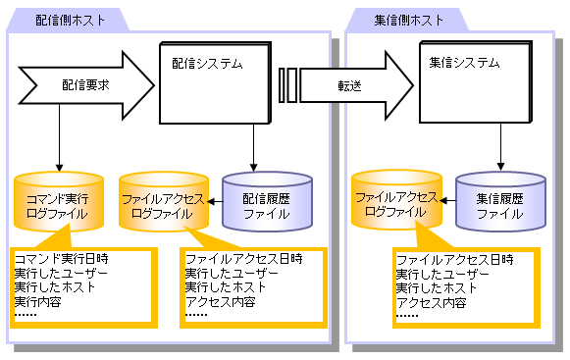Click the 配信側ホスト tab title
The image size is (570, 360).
(70, 20)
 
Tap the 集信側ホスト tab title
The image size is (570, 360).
(408, 20)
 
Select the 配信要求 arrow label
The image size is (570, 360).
(85, 85)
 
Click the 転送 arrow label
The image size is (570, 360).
(349, 85)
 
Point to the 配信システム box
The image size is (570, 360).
(216, 83)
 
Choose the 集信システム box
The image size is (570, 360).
(476, 81)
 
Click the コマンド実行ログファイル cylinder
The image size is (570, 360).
(59, 202)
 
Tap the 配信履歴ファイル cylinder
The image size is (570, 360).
(267, 202)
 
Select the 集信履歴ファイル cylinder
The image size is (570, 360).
(500, 202)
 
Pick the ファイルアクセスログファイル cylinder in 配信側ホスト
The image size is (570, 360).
(164, 202)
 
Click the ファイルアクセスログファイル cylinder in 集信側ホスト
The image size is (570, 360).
(396, 200)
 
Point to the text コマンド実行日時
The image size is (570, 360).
(62, 259)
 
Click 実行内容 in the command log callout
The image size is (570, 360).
(38, 302)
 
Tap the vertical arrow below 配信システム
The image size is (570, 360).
(253, 148)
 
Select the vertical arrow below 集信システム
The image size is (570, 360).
(500, 147)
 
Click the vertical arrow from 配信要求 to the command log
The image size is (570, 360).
(59, 138)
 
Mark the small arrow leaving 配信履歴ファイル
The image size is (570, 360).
(215, 201)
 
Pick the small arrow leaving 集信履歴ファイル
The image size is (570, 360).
(447, 200)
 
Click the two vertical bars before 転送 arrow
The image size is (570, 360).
(287, 85)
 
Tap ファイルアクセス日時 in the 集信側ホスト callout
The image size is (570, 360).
(455, 260)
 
